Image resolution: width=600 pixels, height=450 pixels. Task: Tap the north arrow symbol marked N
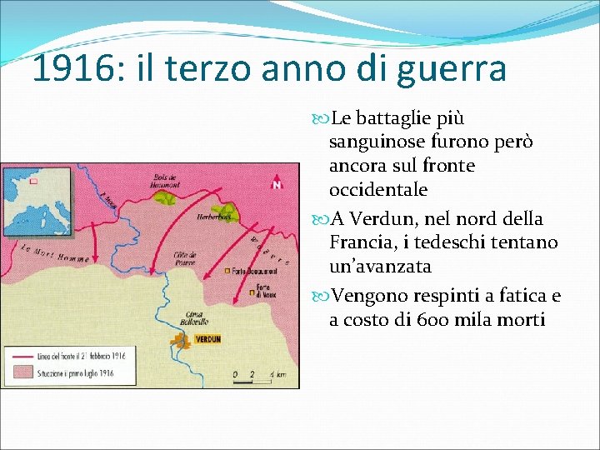tap(276, 183)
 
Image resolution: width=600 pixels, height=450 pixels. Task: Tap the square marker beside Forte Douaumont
tap(227, 271)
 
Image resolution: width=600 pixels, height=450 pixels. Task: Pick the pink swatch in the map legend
tap(22, 373)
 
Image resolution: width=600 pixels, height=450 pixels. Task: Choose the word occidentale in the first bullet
tap(378, 190)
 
